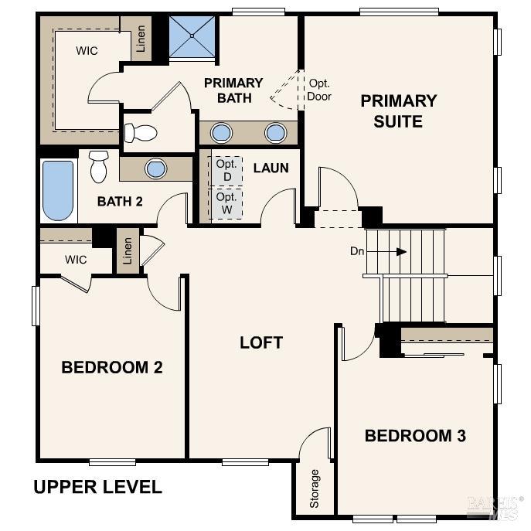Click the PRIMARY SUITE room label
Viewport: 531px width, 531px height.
tap(398, 111)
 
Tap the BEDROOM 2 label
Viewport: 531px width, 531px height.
tap(112, 367)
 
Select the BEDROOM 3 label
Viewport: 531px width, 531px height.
tap(415, 436)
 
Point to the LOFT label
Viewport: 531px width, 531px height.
tap(260, 342)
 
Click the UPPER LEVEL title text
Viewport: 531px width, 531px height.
tap(97, 487)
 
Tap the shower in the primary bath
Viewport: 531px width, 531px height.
tap(193, 36)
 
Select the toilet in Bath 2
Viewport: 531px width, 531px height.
tap(98, 165)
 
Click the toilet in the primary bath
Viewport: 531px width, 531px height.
tap(141, 133)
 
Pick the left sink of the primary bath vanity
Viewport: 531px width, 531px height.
tap(222, 132)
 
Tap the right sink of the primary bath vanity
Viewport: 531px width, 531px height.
tap(276, 132)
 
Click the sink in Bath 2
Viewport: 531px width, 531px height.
tap(155, 168)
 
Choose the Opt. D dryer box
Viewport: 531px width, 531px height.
tap(227, 170)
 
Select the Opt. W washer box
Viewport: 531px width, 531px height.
tap(227, 203)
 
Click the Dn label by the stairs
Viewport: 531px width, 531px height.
tap(356, 251)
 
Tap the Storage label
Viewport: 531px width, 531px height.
tap(315, 488)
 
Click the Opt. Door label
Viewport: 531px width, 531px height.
tap(319, 90)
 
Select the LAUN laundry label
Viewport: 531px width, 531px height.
tap(271, 168)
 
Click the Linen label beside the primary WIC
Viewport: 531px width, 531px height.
tap(141, 39)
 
